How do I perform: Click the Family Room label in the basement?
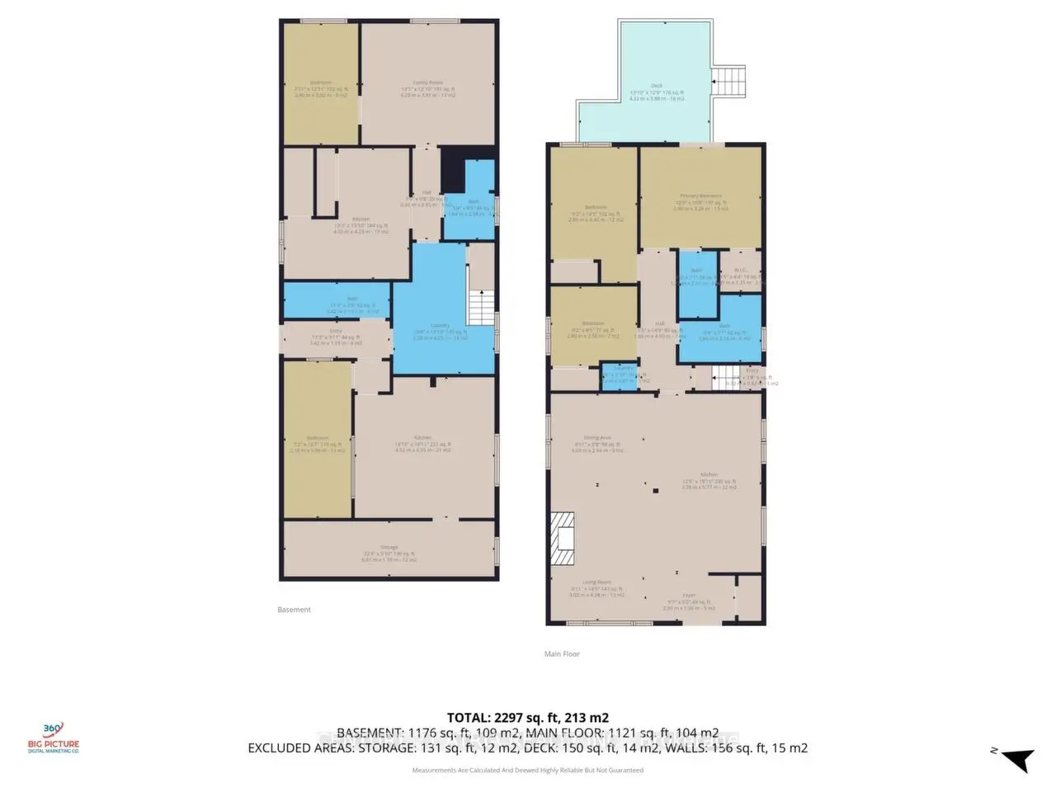click(x=428, y=82)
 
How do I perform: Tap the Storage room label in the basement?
click(x=389, y=547)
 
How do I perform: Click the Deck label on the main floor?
click(x=657, y=86)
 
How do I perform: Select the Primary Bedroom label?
click(x=700, y=196)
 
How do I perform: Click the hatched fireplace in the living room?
click(x=564, y=539)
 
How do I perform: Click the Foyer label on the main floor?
click(x=689, y=595)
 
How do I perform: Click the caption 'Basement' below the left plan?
click(x=295, y=610)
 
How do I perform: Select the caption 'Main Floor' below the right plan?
click(x=562, y=653)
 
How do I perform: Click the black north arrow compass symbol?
click(x=1017, y=757)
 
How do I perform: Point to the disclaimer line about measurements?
click(x=528, y=771)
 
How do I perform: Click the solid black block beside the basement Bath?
click(x=452, y=170)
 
